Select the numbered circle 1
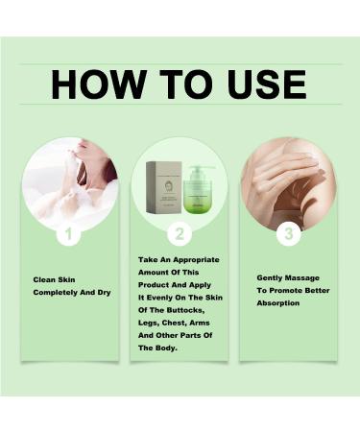(68, 234)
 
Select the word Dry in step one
(106, 293)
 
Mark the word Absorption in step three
(278, 301)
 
